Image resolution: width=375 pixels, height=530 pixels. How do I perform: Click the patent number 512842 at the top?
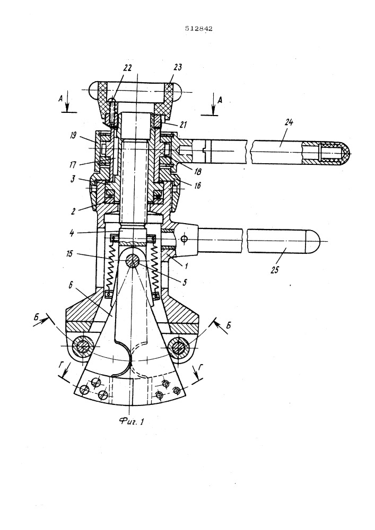coord(199,29)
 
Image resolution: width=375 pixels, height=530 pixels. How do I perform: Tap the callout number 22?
coord(127,68)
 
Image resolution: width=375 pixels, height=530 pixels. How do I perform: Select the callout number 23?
coord(177,67)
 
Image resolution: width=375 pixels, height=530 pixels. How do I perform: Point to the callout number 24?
coord(289,122)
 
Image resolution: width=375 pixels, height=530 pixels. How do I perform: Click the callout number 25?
coord(275,269)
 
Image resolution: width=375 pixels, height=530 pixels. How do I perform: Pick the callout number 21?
coord(183,125)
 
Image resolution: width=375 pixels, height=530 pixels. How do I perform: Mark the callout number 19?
coord(73,136)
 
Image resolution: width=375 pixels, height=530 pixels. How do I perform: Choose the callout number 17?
coord(73,165)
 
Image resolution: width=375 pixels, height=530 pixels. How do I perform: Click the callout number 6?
coord(71,286)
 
